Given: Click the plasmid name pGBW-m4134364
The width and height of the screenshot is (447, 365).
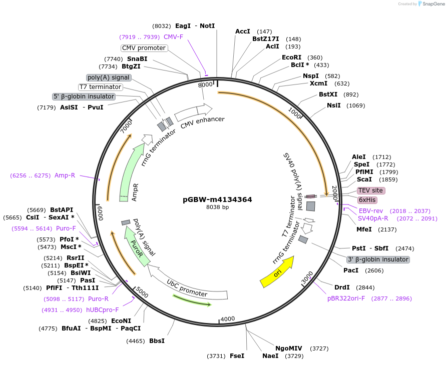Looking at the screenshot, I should [x=217, y=199].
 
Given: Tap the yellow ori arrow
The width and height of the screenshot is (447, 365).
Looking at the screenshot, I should [x=277, y=273].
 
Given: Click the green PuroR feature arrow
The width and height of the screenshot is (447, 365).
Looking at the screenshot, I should [x=137, y=245].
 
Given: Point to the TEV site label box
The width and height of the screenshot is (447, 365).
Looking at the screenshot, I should [x=370, y=190].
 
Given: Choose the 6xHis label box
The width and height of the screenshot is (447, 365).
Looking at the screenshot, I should [x=367, y=200].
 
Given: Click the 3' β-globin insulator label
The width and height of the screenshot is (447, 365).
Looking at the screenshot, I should [x=378, y=259].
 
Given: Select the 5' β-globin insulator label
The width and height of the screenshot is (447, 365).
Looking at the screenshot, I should [x=84, y=96].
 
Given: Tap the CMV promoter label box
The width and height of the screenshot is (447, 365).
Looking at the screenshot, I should [x=144, y=48].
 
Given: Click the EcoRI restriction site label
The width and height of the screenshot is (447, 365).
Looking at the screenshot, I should [x=291, y=57].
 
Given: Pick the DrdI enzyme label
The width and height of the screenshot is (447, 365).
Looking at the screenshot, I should [x=342, y=287].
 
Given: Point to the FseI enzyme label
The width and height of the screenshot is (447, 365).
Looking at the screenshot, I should [x=237, y=356].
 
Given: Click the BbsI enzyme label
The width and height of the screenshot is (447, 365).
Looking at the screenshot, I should [x=157, y=341].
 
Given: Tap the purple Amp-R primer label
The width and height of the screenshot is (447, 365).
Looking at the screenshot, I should [x=65, y=175].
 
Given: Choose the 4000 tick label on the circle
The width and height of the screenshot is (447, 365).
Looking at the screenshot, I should [x=228, y=319].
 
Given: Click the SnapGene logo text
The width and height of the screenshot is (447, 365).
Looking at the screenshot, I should [x=433, y=4].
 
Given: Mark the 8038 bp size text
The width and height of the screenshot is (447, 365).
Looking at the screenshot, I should [x=217, y=207].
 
